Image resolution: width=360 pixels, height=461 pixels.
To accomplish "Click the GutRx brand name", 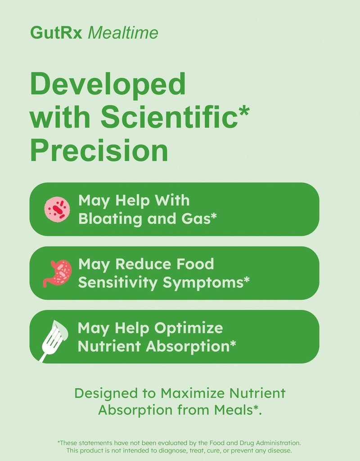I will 56,32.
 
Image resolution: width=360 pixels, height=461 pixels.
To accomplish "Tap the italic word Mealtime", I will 123,32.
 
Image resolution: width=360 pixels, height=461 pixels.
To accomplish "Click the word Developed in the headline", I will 108,84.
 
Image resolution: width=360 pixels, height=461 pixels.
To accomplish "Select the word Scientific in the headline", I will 169,118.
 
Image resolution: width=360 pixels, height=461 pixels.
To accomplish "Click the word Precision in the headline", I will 99,151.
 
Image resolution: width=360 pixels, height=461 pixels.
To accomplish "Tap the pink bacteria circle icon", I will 58,209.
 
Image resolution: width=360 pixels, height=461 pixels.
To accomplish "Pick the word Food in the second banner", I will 195,264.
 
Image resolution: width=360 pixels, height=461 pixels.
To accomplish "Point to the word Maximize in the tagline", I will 193,393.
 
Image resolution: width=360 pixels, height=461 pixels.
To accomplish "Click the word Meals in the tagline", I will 238,410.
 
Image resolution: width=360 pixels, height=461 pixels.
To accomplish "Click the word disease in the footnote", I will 279,450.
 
